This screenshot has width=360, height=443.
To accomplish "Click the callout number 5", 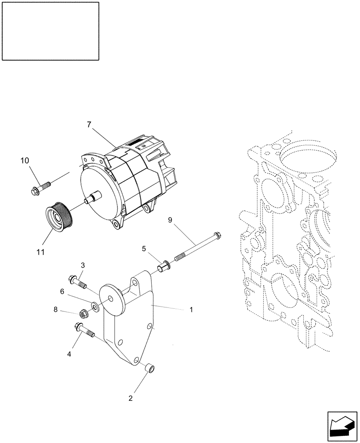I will pos(144,249).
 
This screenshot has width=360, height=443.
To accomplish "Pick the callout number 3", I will pos(62,291).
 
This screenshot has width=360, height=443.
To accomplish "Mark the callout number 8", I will pos(56,310).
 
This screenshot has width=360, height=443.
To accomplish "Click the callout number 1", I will pos(191,310).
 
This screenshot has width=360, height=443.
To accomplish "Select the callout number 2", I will pos(130,398).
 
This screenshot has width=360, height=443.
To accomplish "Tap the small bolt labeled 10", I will pos(39,188).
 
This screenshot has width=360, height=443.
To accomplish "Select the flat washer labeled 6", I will pos(95,307).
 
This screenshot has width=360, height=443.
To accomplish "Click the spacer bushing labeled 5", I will pos(163,267).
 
